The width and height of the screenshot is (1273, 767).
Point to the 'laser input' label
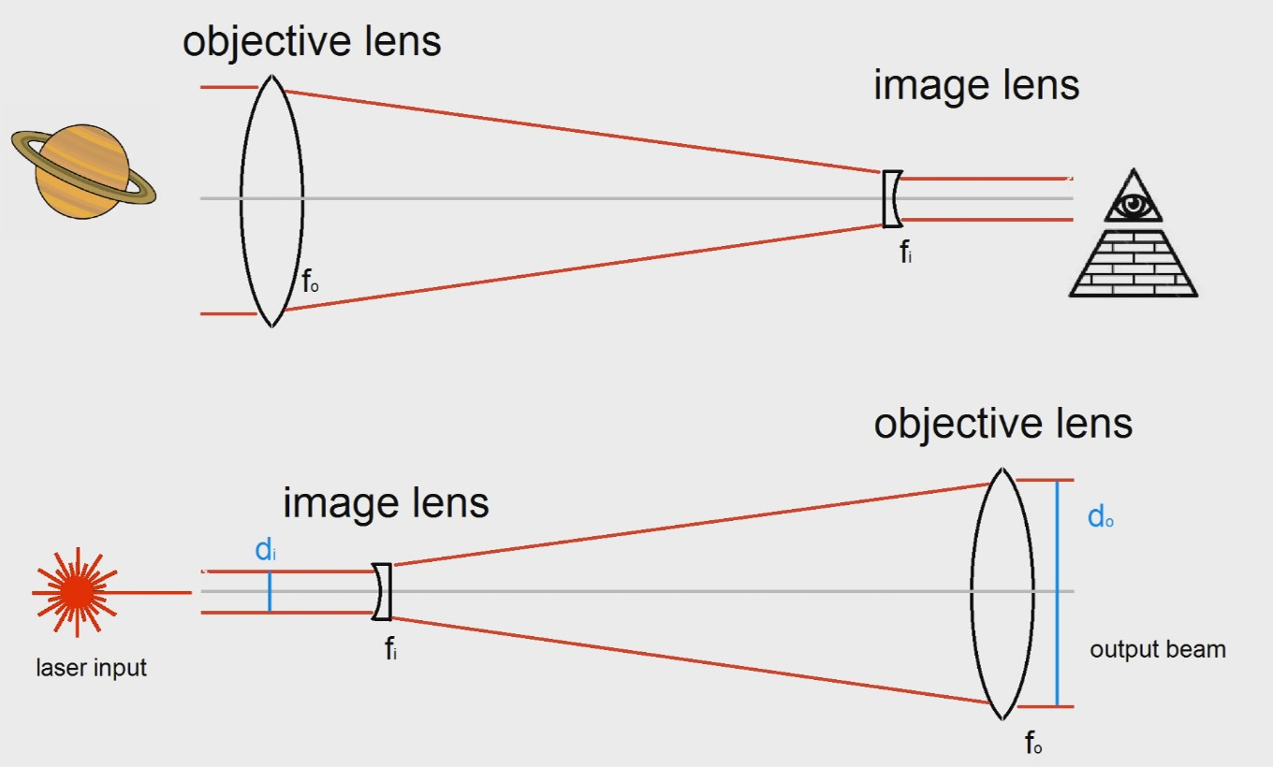[x=92, y=668]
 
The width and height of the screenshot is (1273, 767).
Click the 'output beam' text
[x=1158, y=649]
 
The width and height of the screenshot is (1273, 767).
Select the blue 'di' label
[x=266, y=550]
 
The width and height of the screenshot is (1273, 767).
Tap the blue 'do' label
[x=1101, y=516]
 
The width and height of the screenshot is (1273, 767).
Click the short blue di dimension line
[x=270, y=592]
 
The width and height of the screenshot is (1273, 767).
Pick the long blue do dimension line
[x=1057, y=593]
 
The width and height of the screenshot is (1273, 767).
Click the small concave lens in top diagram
[x=893, y=198]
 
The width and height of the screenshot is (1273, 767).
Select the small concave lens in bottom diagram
[x=382, y=592]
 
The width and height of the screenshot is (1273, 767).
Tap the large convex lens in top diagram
[x=271, y=200]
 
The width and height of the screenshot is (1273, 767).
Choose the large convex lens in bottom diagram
[x=1002, y=593]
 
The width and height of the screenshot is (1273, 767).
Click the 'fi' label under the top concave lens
[x=905, y=252]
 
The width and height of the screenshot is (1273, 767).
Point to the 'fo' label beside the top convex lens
[x=311, y=281]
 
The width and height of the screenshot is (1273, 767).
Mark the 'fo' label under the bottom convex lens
[x=1033, y=745]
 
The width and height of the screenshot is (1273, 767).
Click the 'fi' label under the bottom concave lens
[x=391, y=648]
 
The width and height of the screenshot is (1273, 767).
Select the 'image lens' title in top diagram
[x=976, y=85]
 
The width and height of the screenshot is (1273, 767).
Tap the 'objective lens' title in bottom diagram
[x=1002, y=423]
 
